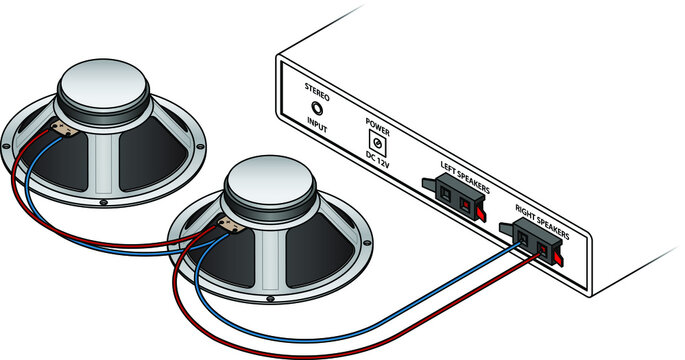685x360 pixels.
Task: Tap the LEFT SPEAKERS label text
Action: click(x=464, y=164)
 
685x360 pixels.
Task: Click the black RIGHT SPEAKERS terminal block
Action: click(x=530, y=240)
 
